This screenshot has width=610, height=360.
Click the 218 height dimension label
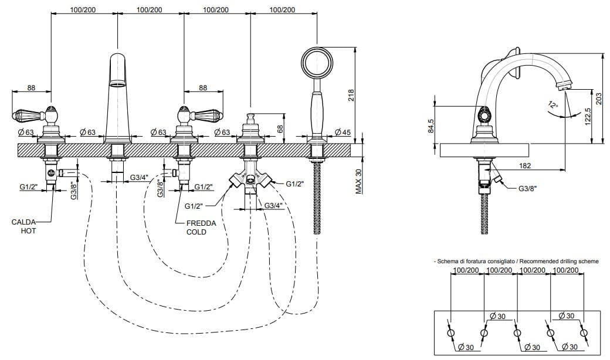point(350,96)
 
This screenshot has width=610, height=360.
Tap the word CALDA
point(24,222)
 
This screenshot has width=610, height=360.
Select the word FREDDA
point(201,223)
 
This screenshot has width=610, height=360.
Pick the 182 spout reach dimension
point(524,166)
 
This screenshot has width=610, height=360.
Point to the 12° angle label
point(551,106)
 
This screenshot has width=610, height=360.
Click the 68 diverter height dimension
point(280,128)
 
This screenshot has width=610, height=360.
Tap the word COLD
point(197,232)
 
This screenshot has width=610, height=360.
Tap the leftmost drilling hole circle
point(450,333)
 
